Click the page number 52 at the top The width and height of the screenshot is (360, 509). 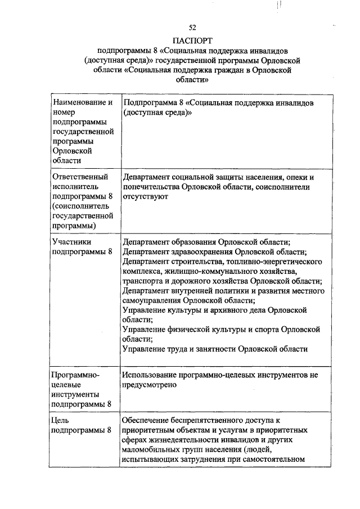tap(192, 28)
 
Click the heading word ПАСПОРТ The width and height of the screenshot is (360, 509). tap(193, 40)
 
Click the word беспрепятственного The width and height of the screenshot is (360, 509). tap(207, 420)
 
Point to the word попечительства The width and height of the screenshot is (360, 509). tap(151, 187)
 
